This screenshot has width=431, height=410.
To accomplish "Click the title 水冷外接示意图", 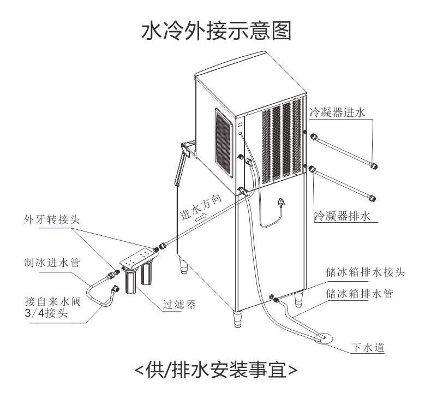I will point(215,31).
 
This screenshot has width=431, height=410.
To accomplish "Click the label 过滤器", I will point(179,303).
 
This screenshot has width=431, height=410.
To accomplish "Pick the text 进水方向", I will point(201,208).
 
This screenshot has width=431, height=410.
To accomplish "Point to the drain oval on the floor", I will point(321,339).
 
